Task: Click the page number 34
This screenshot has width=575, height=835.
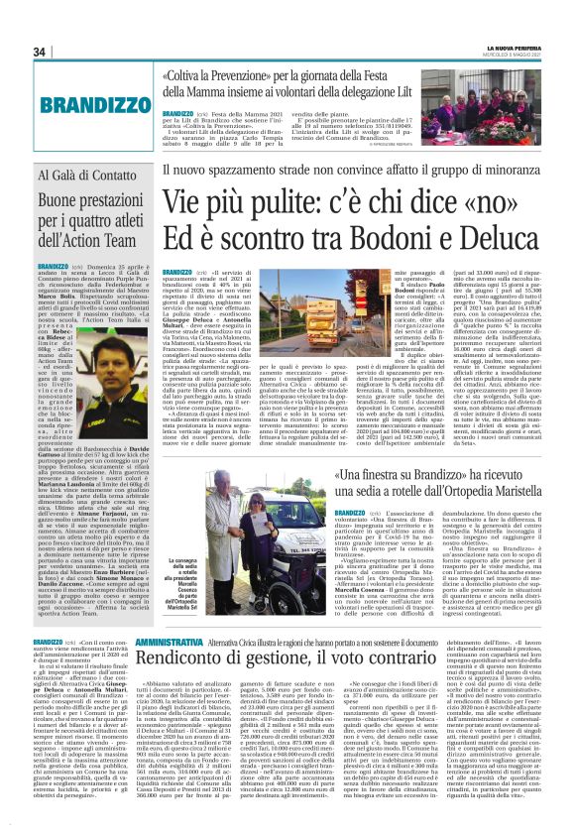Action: coord(41,52)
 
